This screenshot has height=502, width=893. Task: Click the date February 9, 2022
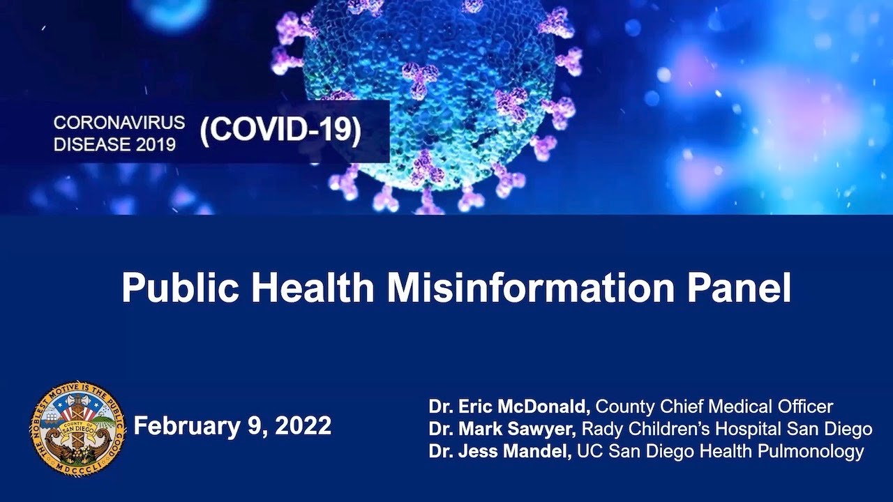point(232,426)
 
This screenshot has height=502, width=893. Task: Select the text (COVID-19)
point(280,132)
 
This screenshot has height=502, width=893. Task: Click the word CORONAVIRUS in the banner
point(119,122)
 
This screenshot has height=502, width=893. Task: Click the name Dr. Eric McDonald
point(510,406)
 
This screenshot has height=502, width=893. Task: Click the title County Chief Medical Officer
point(714,406)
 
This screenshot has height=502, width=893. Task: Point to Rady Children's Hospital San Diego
point(727,429)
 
